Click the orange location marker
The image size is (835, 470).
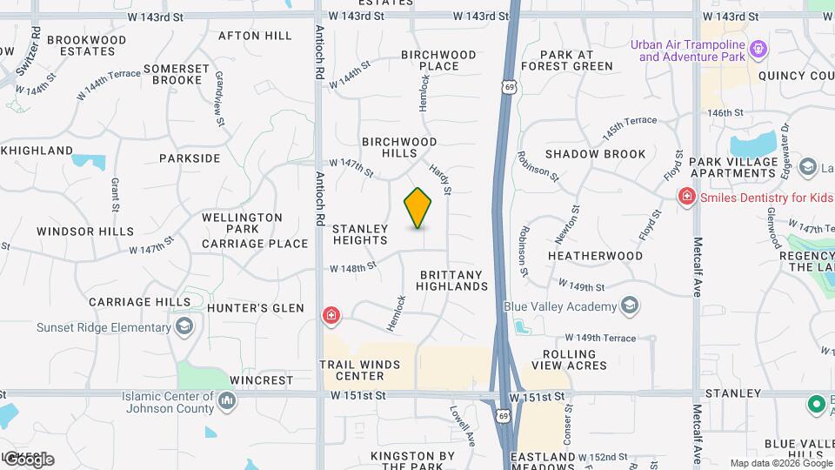tap(418, 207)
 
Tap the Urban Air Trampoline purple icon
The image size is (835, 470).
tap(758, 48)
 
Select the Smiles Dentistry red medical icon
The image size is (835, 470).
tap(687, 198)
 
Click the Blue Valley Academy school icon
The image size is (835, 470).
tap(629, 306)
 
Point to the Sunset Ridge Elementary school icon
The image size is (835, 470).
tap(184, 327)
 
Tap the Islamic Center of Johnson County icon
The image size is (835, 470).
tap(227, 400)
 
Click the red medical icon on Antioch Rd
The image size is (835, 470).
tap(331, 316)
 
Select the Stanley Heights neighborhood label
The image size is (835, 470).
tap(360, 234)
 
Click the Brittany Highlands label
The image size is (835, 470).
tap(453, 280)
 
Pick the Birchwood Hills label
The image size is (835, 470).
tap(399, 147)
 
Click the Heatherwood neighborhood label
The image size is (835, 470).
tap(595, 256)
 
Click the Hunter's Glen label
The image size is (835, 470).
tap(256, 308)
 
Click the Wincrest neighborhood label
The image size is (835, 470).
tap(262, 380)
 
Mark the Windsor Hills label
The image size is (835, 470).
tap(85, 232)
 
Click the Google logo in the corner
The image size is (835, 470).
tap(29, 459)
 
